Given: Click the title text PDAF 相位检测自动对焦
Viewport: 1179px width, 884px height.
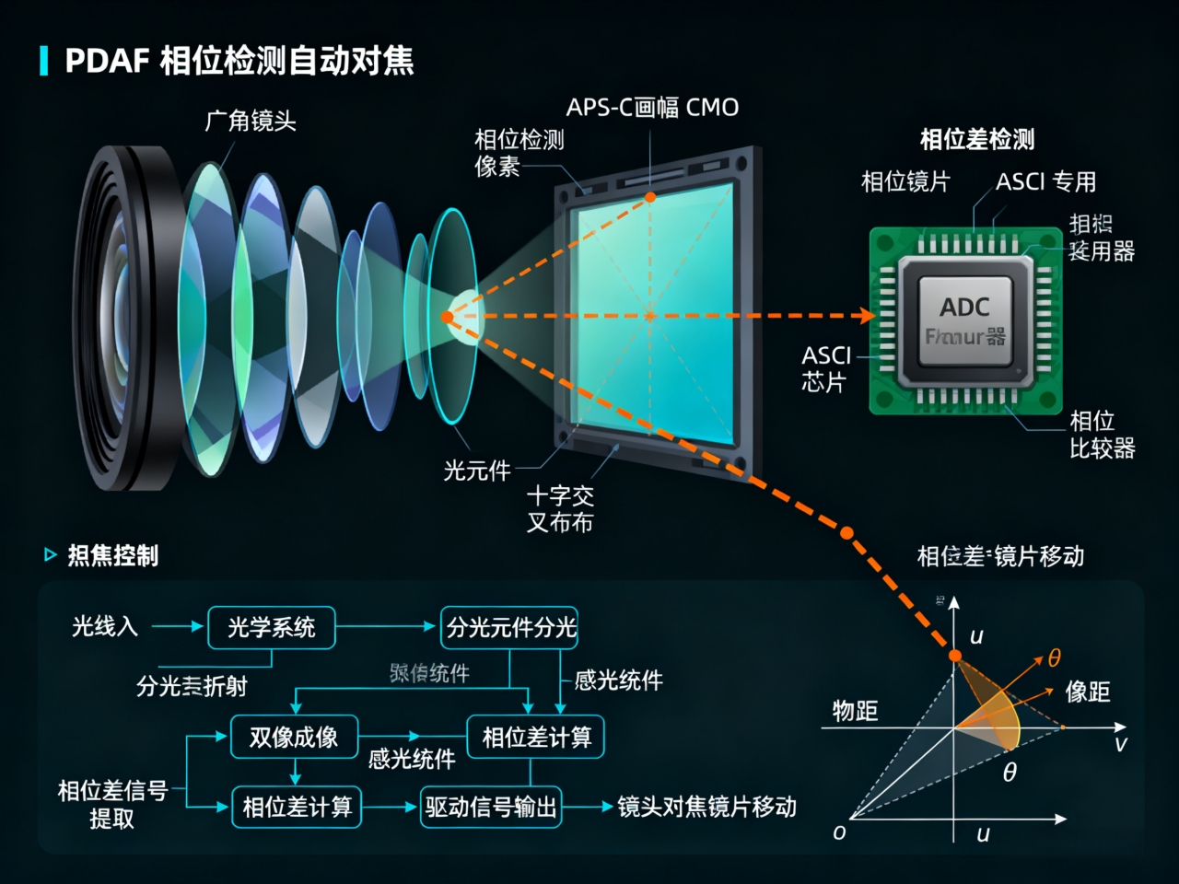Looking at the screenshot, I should (x=239, y=61).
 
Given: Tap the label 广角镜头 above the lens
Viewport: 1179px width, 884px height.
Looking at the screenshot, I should (x=250, y=121).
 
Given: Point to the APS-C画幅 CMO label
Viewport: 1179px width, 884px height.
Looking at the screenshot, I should (x=652, y=108).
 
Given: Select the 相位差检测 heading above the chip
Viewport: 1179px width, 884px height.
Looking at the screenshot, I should (x=977, y=140).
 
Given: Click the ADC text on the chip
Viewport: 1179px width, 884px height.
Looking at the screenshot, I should (x=964, y=307).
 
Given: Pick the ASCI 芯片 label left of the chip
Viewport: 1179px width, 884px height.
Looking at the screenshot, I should (x=825, y=368).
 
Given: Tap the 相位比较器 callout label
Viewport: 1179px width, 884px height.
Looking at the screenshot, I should (x=1102, y=435).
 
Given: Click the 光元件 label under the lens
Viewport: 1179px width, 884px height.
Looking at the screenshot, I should (x=476, y=471).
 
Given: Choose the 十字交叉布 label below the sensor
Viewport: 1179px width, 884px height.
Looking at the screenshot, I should (x=560, y=509).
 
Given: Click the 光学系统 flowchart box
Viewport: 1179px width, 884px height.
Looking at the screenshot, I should (x=271, y=628).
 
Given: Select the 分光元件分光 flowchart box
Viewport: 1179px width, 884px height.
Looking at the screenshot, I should (x=510, y=628).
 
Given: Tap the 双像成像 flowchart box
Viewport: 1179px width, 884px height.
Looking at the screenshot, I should (x=294, y=738).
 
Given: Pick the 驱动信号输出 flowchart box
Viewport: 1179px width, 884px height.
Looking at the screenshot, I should (x=491, y=808).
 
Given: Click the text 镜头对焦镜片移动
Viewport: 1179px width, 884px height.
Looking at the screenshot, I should (x=706, y=808).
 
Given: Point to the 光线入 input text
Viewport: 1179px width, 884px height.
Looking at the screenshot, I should (x=105, y=627).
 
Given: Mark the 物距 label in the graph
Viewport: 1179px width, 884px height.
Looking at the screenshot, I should (x=855, y=711).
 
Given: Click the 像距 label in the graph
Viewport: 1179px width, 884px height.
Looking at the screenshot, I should (x=1088, y=692).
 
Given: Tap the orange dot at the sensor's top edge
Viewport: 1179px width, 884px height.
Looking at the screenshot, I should (x=650, y=197).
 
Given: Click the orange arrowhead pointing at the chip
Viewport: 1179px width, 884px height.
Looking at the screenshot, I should (x=866, y=316).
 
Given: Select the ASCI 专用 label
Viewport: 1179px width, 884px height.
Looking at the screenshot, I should (x=1045, y=181).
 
